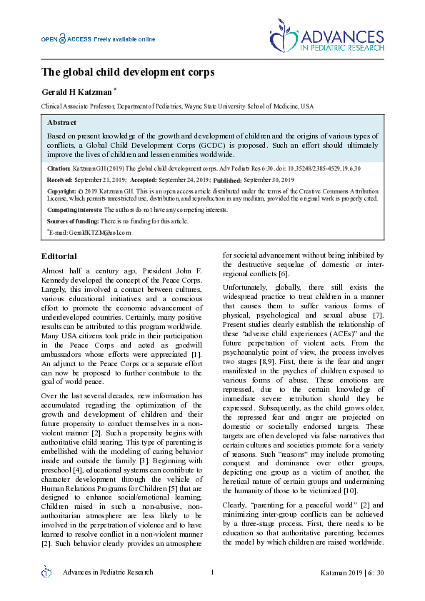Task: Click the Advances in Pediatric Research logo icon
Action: (x=284, y=38)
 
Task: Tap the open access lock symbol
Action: (x=63, y=39)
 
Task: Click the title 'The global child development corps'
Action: (x=127, y=72)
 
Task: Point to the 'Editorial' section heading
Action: (x=60, y=256)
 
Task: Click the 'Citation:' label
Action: (x=59, y=168)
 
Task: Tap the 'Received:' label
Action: (x=61, y=181)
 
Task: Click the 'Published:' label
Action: (x=228, y=181)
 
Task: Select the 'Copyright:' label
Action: (x=62, y=192)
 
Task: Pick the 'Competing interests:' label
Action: (x=74, y=211)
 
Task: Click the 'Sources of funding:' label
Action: (x=71, y=221)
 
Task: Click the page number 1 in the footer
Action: (x=213, y=572)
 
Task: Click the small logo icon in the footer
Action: (x=47, y=572)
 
